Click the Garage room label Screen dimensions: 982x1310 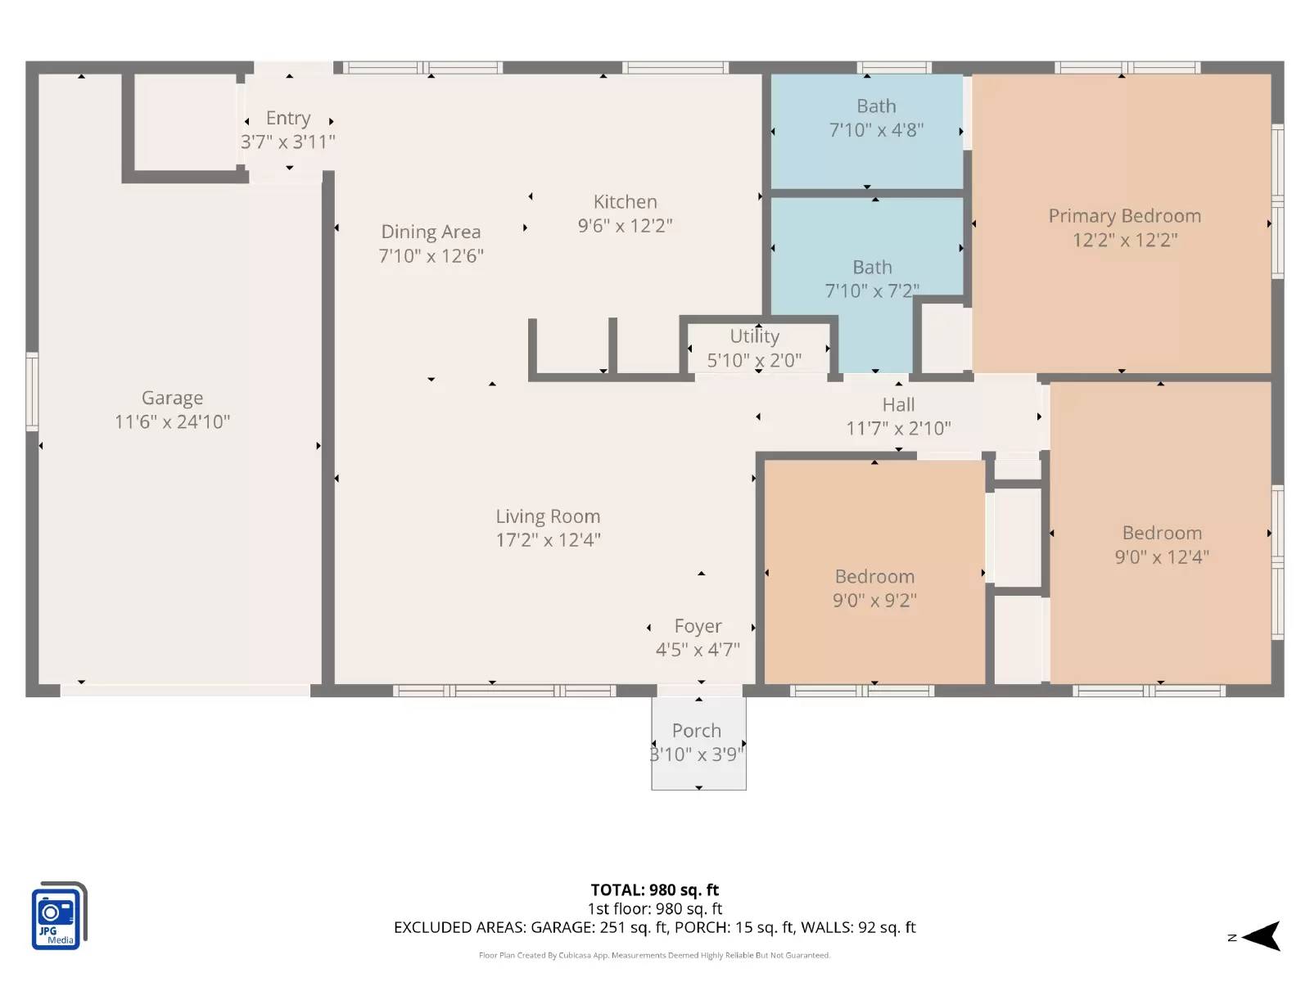tap(172, 398)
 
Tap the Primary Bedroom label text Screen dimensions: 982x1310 tap(1124, 216)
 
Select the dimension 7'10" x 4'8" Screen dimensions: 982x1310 tap(876, 130)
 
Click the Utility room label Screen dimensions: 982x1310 tap(754, 336)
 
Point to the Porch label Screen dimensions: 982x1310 tap(697, 731)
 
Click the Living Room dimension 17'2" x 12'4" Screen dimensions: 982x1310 tap(548, 540)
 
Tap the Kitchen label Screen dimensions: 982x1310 tap(625, 202)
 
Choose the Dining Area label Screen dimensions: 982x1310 tap(431, 232)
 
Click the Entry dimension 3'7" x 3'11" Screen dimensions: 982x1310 tap(288, 142)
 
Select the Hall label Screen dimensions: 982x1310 tap(898, 405)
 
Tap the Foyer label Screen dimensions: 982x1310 tap(698, 626)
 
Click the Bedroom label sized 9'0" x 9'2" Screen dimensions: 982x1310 tap(874, 577)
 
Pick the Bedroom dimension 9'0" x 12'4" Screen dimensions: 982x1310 tap(1161, 557)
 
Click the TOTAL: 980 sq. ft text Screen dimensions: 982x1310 tap(654, 890)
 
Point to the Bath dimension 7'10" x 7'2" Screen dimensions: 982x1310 tap(871, 291)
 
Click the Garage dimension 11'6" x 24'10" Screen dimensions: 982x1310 tap(172, 422)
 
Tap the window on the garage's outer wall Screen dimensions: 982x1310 tap(32, 391)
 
